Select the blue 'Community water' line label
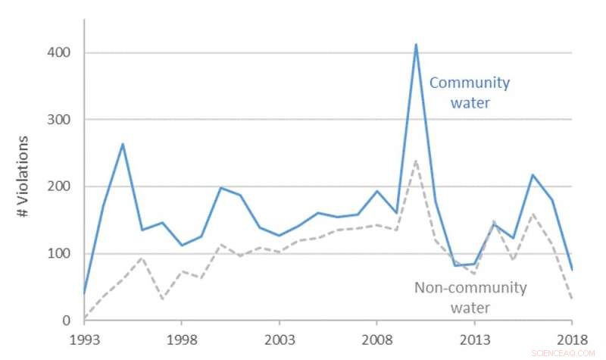pyautogui.click(x=470, y=92)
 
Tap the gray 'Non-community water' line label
pyautogui.click(x=470, y=297)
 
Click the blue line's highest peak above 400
pyautogui.click(x=416, y=44)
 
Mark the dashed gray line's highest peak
pyautogui.click(x=416, y=161)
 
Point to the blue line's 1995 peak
pyautogui.click(x=123, y=144)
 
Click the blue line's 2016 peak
pyautogui.click(x=533, y=175)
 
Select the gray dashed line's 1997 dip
pyautogui.click(x=161, y=299)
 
